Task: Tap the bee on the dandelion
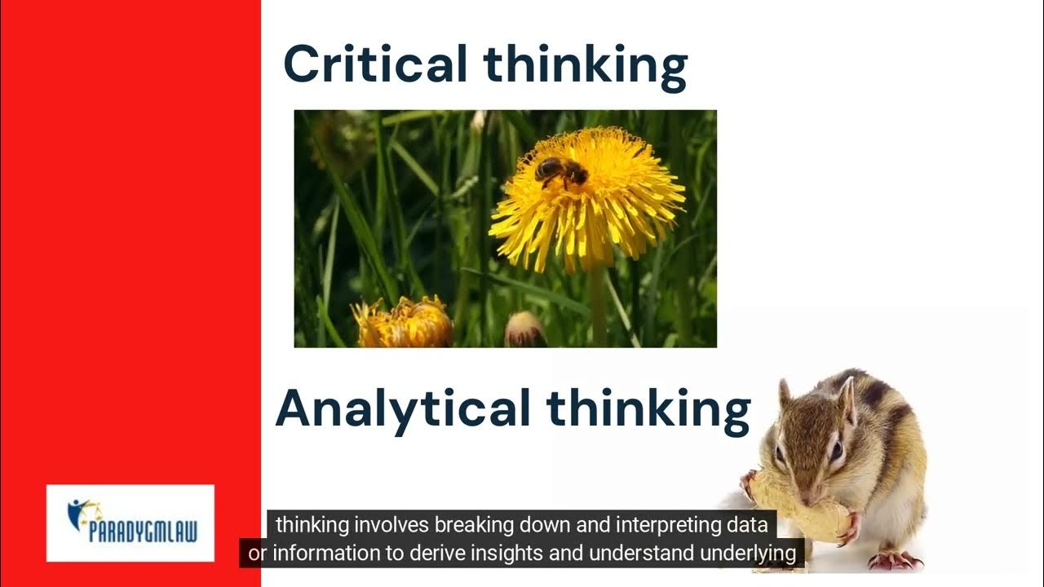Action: point(561,170)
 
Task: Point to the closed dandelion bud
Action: point(524,330)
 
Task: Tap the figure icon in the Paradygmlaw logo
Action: point(82,512)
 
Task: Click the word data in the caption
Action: point(750,523)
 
